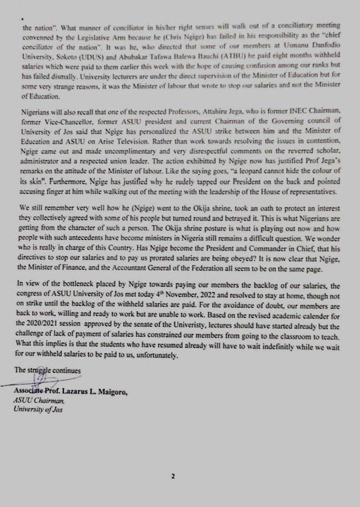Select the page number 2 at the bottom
172,477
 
